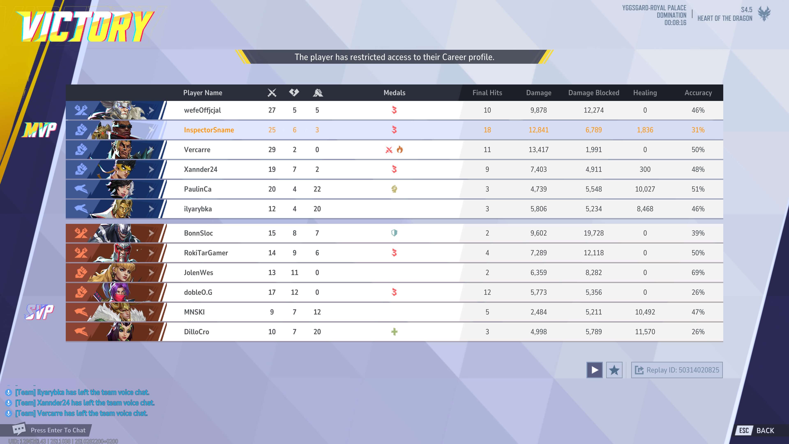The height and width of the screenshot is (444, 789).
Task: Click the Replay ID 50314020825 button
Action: coord(677,370)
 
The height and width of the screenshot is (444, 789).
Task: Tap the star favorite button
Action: coord(614,370)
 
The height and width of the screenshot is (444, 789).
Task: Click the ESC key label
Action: coord(744,430)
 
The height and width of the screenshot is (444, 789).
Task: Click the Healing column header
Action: coord(645,92)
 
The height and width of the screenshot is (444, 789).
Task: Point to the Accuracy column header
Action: coord(698,92)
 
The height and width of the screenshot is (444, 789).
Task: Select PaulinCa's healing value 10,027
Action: coord(645,189)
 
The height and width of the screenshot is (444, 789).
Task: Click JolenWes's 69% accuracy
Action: coord(698,272)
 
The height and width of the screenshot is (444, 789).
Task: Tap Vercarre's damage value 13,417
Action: coord(539,149)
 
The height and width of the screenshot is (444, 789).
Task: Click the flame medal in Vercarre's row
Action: coord(400,149)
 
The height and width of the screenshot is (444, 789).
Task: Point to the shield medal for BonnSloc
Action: coord(394,233)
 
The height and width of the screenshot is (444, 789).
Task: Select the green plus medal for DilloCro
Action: coord(394,332)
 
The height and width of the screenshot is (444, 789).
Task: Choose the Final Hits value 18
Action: coord(487,130)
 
